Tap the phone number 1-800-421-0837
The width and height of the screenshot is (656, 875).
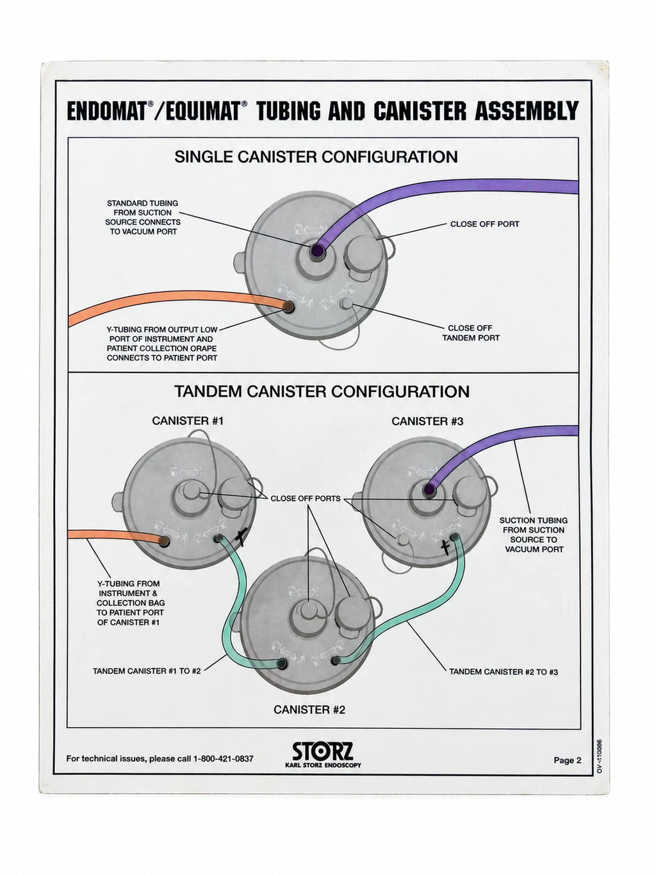tap(223, 758)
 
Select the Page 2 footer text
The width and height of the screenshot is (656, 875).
tap(567, 760)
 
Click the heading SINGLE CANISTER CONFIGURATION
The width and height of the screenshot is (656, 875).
tap(316, 156)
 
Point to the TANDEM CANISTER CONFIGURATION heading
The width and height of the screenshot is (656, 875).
tap(322, 392)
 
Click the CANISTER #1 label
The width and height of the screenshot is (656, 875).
tap(188, 421)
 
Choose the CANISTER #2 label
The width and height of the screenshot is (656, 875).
tap(309, 710)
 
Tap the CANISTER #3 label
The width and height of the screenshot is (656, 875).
tap(427, 421)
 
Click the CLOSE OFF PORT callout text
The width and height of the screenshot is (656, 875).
tap(485, 224)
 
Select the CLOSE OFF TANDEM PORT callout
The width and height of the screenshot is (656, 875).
tap(471, 333)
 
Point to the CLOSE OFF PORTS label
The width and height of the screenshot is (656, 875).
tap(306, 498)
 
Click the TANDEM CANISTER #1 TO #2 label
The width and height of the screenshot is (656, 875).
tap(147, 671)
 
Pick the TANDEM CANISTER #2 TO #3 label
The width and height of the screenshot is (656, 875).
tap(504, 672)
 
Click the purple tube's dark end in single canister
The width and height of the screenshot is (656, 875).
tap(317, 251)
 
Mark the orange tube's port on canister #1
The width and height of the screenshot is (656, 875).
tap(164, 541)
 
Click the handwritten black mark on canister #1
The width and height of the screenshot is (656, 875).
tap(241, 537)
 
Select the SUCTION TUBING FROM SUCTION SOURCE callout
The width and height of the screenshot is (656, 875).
tap(534, 535)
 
